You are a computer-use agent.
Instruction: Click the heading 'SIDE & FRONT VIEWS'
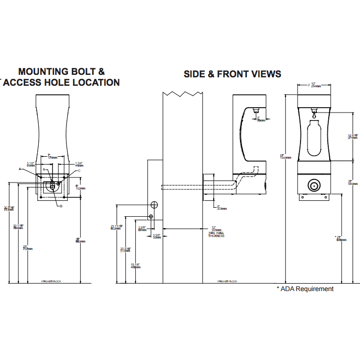pyautogui.click(x=232, y=74)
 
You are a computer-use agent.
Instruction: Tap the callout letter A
pyautogui.click(x=21, y=169)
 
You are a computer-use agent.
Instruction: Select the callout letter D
pyautogui.click(x=60, y=206)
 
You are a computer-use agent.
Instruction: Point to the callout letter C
pyautogui.click(x=79, y=171)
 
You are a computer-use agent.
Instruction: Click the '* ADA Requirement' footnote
pyautogui.click(x=305, y=289)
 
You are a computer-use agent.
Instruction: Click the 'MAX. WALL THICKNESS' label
pyautogui.click(x=216, y=234)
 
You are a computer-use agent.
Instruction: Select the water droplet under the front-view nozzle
pyautogui.click(x=314, y=116)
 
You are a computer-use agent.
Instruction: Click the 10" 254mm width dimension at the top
pyautogui.click(x=314, y=85)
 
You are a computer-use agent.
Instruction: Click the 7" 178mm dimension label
pyautogui.click(x=52, y=156)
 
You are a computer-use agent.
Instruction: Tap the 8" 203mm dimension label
pyautogui.click(x=221, y=208)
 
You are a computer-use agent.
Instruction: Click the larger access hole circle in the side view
pyautogui.click(x=154, y=205)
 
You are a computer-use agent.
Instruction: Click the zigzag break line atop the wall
pyautogui.click(x=183, y=93)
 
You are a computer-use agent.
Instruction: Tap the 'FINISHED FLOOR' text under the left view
pyautogui.click(x=51, y=281)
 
